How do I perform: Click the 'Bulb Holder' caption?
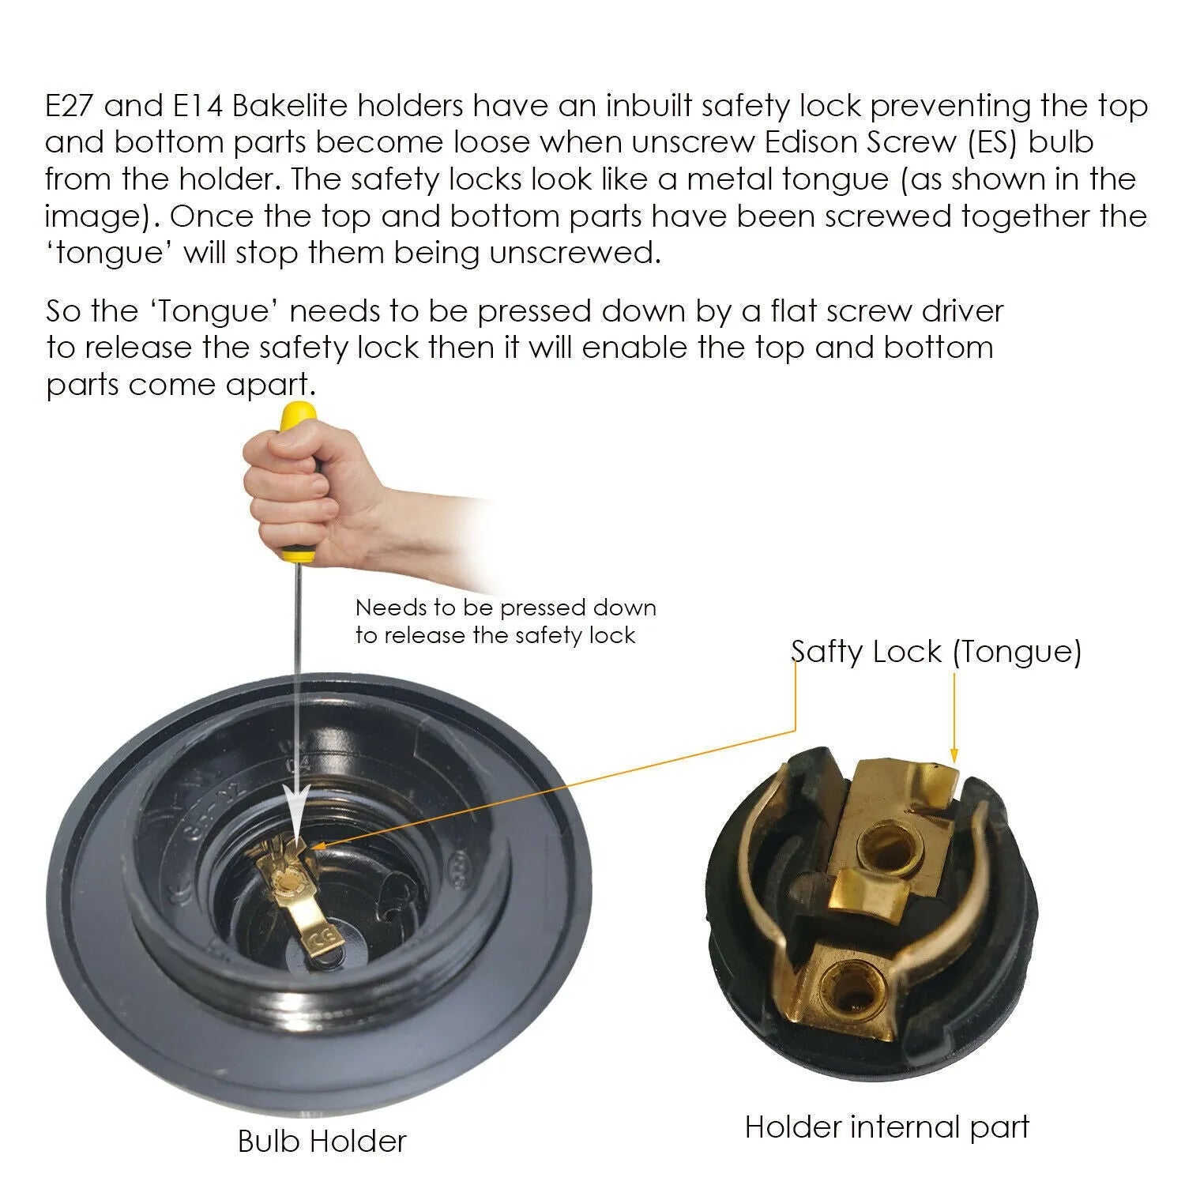322,1141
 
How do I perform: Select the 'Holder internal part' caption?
887,1127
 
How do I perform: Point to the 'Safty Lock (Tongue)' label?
936,652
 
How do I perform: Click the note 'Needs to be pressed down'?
506,608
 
